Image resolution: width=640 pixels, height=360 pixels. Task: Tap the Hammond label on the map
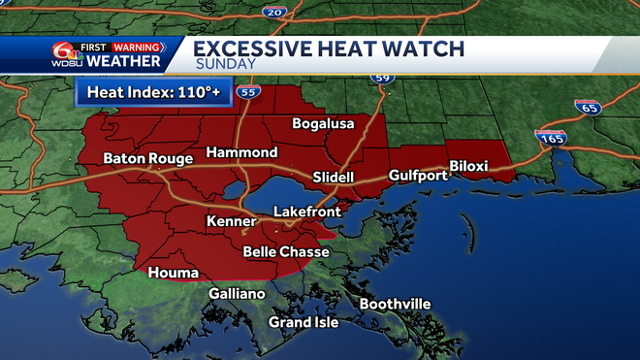pyautogui.click(x=241, y=153)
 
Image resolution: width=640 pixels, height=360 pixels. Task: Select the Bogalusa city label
pyautogui.click(x=323, y=124)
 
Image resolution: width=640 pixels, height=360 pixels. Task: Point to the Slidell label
pyautogui.click(x=334, y=178)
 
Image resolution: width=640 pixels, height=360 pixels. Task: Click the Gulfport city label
pyautogui.click(x=418, y=176)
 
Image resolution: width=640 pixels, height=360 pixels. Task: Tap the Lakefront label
pyautogui.click(x=305, y=211)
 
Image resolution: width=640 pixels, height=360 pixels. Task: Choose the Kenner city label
pyautogui.click(x=230, y=223)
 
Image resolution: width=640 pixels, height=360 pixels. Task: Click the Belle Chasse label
pyautogui.click(x=285, y=252)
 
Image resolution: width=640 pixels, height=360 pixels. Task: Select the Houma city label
pyautogui.click(x=173, y=273)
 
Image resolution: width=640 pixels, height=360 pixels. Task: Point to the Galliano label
pyautogui.click(x=237, y=294)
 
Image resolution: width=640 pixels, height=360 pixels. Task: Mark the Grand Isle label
pyautogui.click(x=304, y=322)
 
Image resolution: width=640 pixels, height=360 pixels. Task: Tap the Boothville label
pyautogui.click(x=395, y=304)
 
